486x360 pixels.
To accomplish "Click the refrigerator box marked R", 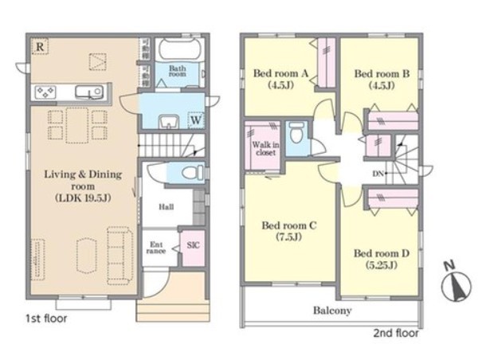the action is pyautogui.click(x=40, y=46).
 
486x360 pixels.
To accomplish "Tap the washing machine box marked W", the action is pyautogui.click(x=196, y=119).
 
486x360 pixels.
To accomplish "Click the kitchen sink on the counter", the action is pyautogui.click(x=89, y=92).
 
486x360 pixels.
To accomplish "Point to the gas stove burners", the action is pyautogui.click(x=45, y=92).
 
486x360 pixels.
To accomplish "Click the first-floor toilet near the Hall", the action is pyautogui.click(x=193, y=173).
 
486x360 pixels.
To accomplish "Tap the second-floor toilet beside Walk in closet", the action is pyautogui.click(x=296, y=133).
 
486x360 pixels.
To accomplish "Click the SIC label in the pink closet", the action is pyautogui.click(x=193, y=245).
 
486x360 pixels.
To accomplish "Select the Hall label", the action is pyautogui.click(x=167, y=206).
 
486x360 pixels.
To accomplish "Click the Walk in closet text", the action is pyautogui.click(x=265, y=148).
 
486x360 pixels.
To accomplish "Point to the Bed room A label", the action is pyautogui.click(x=280, y=73).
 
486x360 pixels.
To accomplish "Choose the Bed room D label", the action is pyautogui.click(x=382, y=253).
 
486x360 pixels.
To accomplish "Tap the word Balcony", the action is pyautogui.click(x=332, y=311).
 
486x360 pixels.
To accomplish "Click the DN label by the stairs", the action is pyautogui.click(x=378, y=174).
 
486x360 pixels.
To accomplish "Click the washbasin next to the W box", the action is pyautogui.click(x=169, y=121).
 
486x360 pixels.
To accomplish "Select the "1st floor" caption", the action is pyautogui.click(x=46, y=319).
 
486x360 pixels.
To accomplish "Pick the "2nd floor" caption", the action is pyautogui.click(x=396, y=334).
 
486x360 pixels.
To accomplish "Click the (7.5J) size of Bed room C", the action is pyautogui.click(x=289, y=237).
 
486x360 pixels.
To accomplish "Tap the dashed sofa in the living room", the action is pyautogui.click(x=120, y=256).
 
